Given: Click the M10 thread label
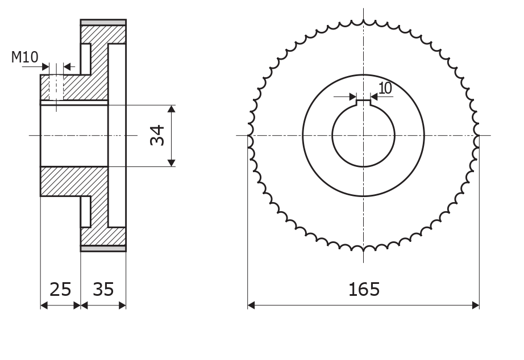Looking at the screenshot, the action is [25, 57].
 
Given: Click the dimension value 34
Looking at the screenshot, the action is [157, 135].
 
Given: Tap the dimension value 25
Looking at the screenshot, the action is [60, 289].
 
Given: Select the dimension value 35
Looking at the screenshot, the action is [103, 289].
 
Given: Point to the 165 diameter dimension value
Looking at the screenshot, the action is [364, 289].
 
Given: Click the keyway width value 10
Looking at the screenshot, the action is [385, 88].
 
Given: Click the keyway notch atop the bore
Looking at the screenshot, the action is [363, 103].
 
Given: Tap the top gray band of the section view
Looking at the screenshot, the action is [103, 22].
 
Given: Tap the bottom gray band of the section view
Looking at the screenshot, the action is [103, 249].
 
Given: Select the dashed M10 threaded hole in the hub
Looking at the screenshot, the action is [56, 87].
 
